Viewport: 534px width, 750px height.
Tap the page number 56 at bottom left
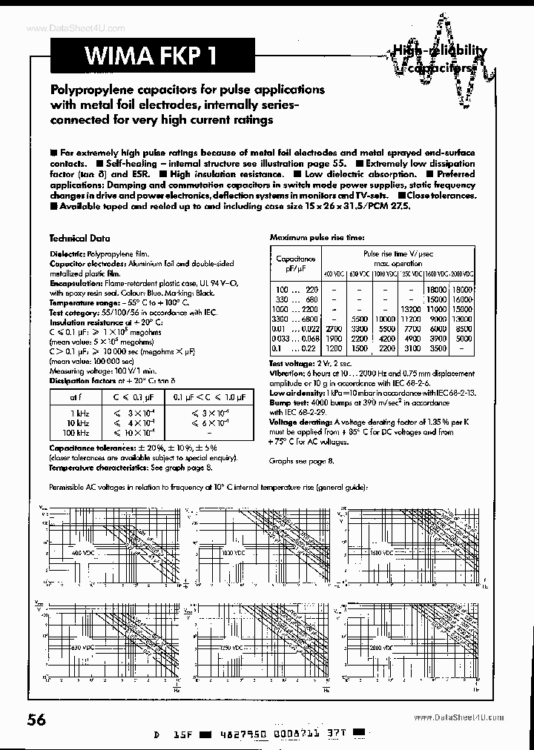click(x=37, y=720)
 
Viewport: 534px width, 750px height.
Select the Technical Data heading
click(x=79, y=239)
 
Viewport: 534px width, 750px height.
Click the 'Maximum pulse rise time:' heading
click(x=317, y=237)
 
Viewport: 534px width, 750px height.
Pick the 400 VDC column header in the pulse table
click(x=334, y=273)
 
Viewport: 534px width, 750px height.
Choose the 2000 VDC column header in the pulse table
click(x=462, y=273)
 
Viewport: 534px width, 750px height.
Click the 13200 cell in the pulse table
click(x=410, y=308)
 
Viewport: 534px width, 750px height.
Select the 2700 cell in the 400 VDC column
click(x=334, y=327)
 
